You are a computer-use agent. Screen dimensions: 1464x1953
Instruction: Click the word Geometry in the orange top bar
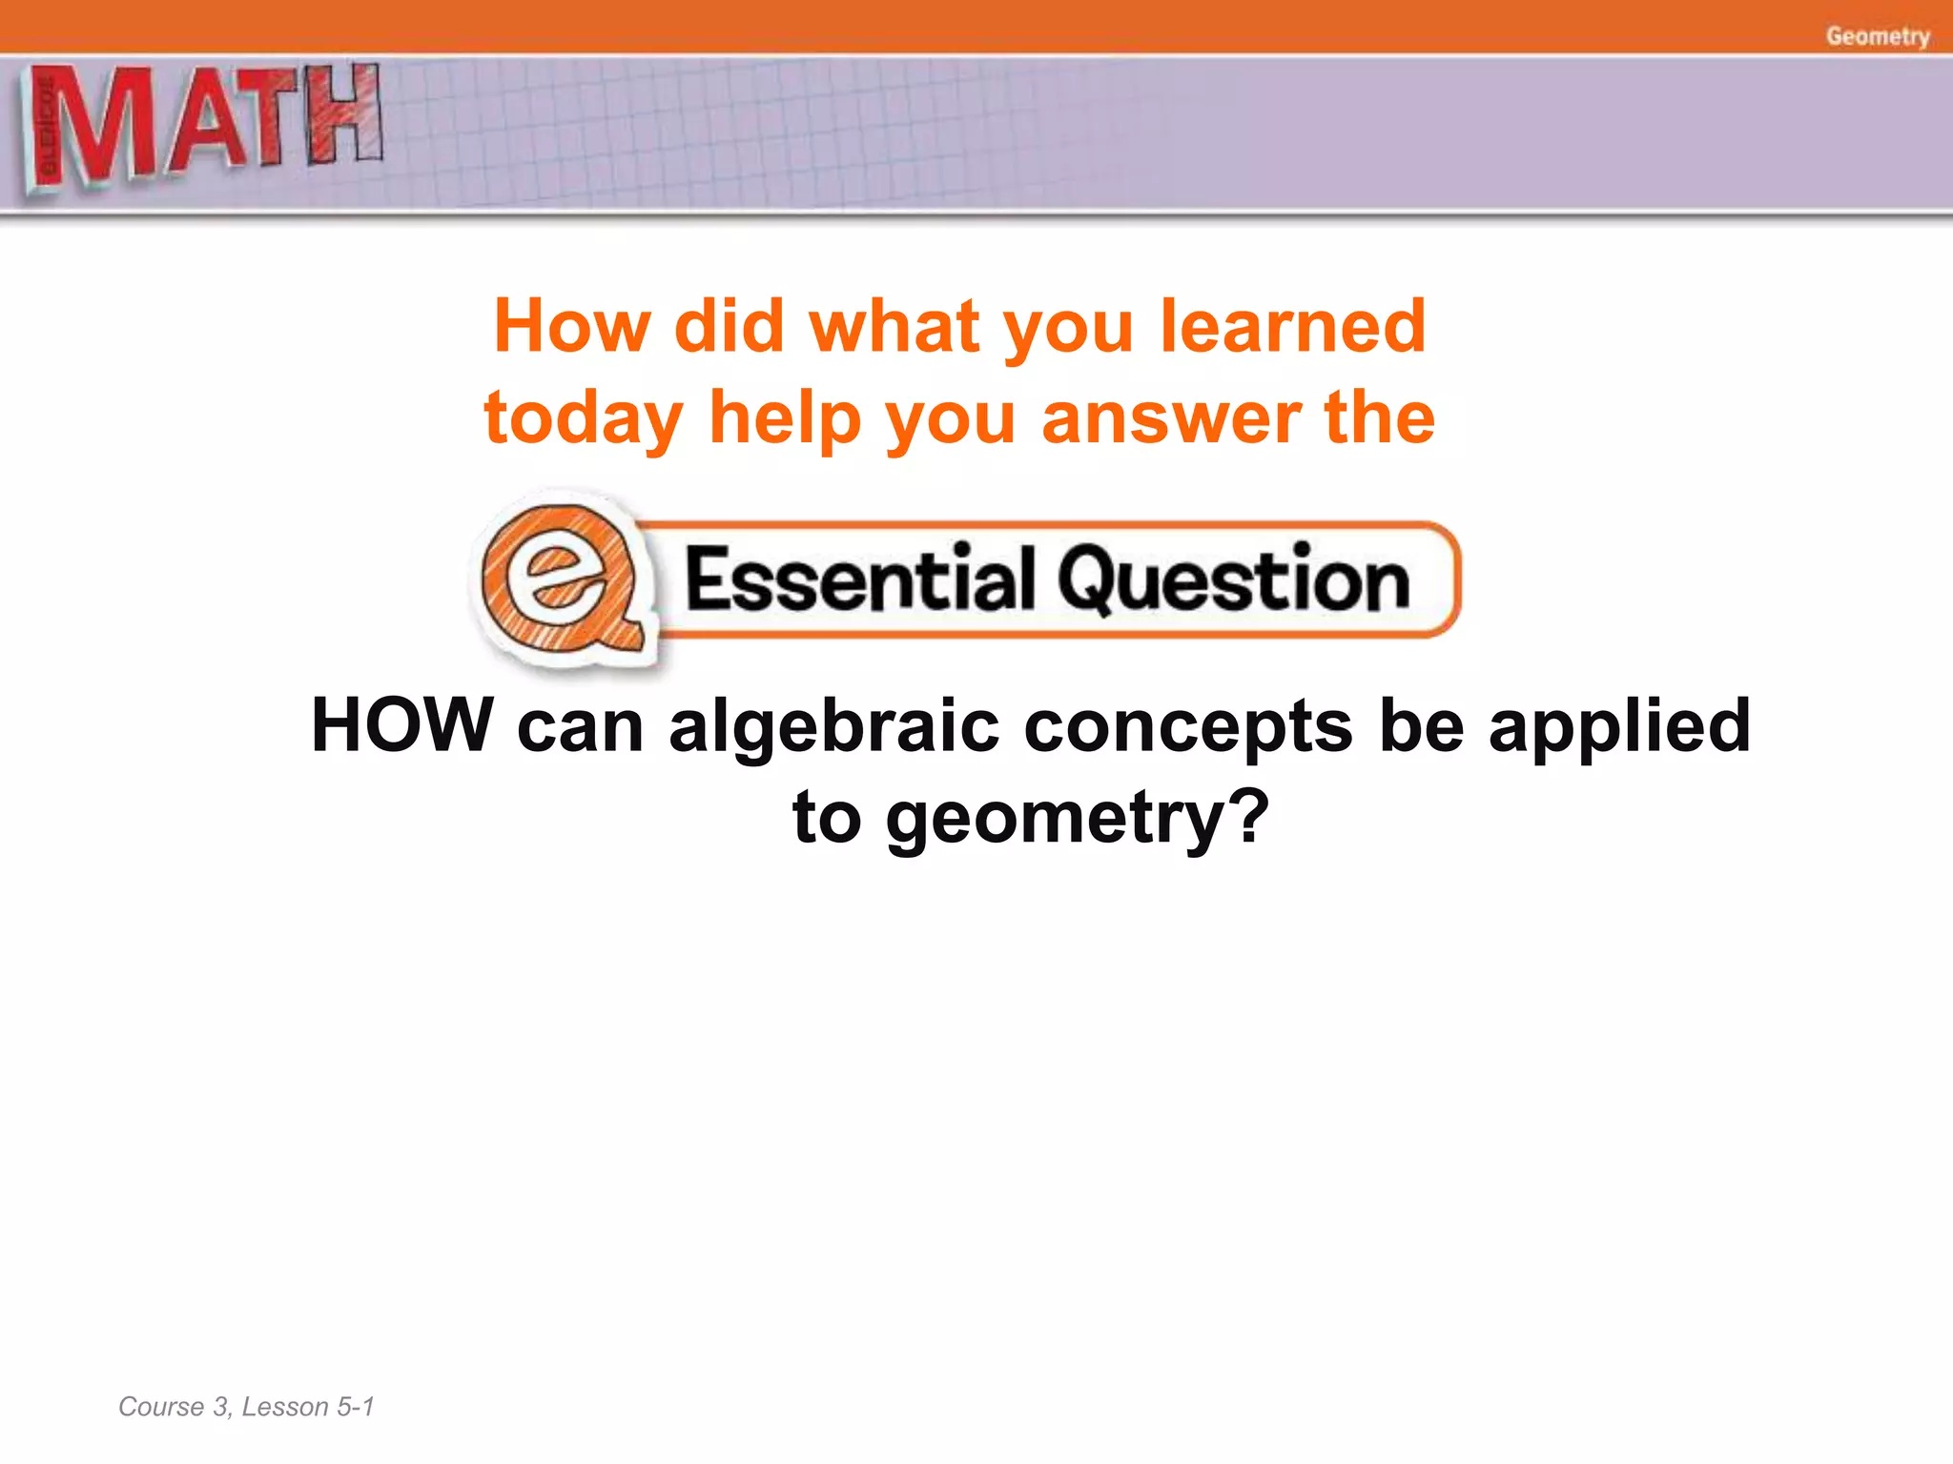1877,36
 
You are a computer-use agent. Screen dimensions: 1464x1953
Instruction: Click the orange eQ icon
562,579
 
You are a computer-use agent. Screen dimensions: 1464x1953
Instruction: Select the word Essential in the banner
858,579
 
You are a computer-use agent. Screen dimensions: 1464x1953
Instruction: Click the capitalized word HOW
402,726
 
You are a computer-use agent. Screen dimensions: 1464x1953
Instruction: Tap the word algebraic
833,726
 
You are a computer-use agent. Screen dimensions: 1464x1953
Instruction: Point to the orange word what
894,326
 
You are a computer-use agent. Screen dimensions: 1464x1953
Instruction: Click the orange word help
785,419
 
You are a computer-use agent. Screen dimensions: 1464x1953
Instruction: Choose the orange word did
729,326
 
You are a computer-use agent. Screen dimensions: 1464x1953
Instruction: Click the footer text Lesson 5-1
308,1407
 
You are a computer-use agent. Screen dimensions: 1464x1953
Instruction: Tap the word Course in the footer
161,1407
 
